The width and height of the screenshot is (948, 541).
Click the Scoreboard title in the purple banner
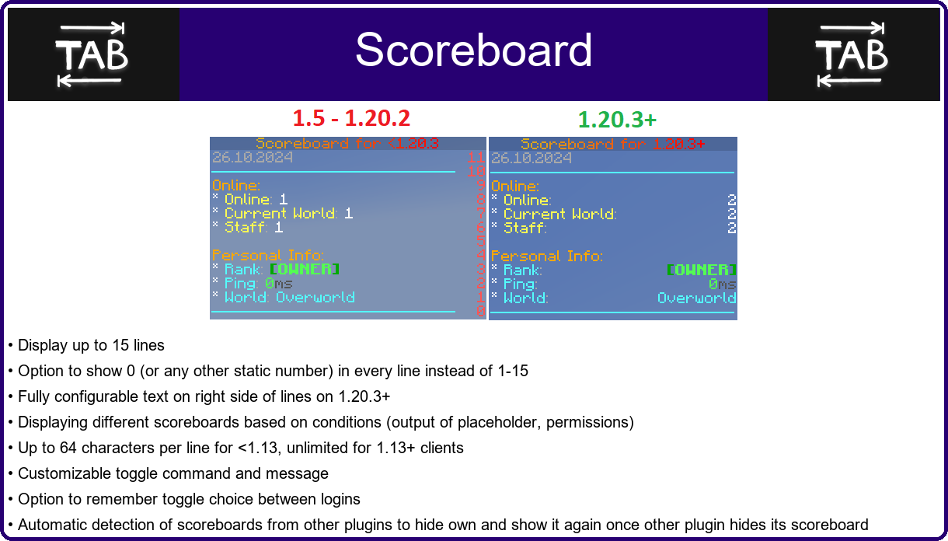pos(473,50)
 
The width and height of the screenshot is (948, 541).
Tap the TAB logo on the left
pos(92,55)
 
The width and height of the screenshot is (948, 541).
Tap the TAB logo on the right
pos(852,55)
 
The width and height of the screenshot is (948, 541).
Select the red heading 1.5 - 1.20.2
pos(351,118)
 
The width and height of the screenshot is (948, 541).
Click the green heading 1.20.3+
pos(617,120)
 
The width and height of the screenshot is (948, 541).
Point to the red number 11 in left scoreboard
pos(476,158)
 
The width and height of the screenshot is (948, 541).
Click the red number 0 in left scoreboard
pos(481,311)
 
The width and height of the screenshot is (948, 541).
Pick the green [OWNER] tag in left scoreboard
pos(305,269)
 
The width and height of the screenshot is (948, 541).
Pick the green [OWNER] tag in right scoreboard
pos(701,270)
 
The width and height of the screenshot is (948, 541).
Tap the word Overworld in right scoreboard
pos(697,298)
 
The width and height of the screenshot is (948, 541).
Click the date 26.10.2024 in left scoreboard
pos(253,158)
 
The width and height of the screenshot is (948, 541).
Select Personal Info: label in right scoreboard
pos(547,256)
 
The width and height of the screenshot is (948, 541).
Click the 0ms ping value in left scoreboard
pos(279,283)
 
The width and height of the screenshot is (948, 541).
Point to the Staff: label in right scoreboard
pos(525,229)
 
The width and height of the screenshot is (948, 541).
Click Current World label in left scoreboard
pos(281,213)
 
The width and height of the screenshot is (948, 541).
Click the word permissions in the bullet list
pos(588,423)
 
